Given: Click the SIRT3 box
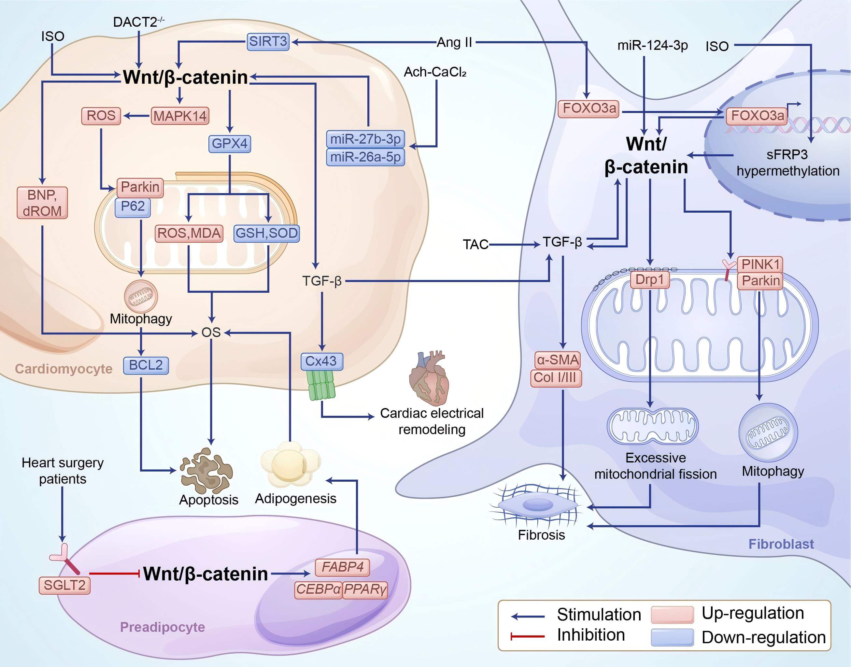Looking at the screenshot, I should point(268,41).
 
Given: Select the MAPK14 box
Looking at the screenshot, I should point(180,116).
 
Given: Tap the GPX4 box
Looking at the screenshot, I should point(229,144).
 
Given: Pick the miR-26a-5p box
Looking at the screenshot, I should point(365,157).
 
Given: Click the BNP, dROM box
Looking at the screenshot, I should point(42,203).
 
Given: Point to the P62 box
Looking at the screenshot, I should point(133,206).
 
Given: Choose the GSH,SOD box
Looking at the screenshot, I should point(266,233).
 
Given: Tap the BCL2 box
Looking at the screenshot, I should point(146,365).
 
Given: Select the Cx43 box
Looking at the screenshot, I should point(321,361).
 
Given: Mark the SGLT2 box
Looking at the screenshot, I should point(64,585).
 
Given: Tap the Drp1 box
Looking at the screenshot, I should point(649,280).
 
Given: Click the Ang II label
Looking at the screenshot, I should point(454,42).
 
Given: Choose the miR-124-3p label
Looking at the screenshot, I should point(652,46).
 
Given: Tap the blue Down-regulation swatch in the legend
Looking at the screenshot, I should point(672,637).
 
